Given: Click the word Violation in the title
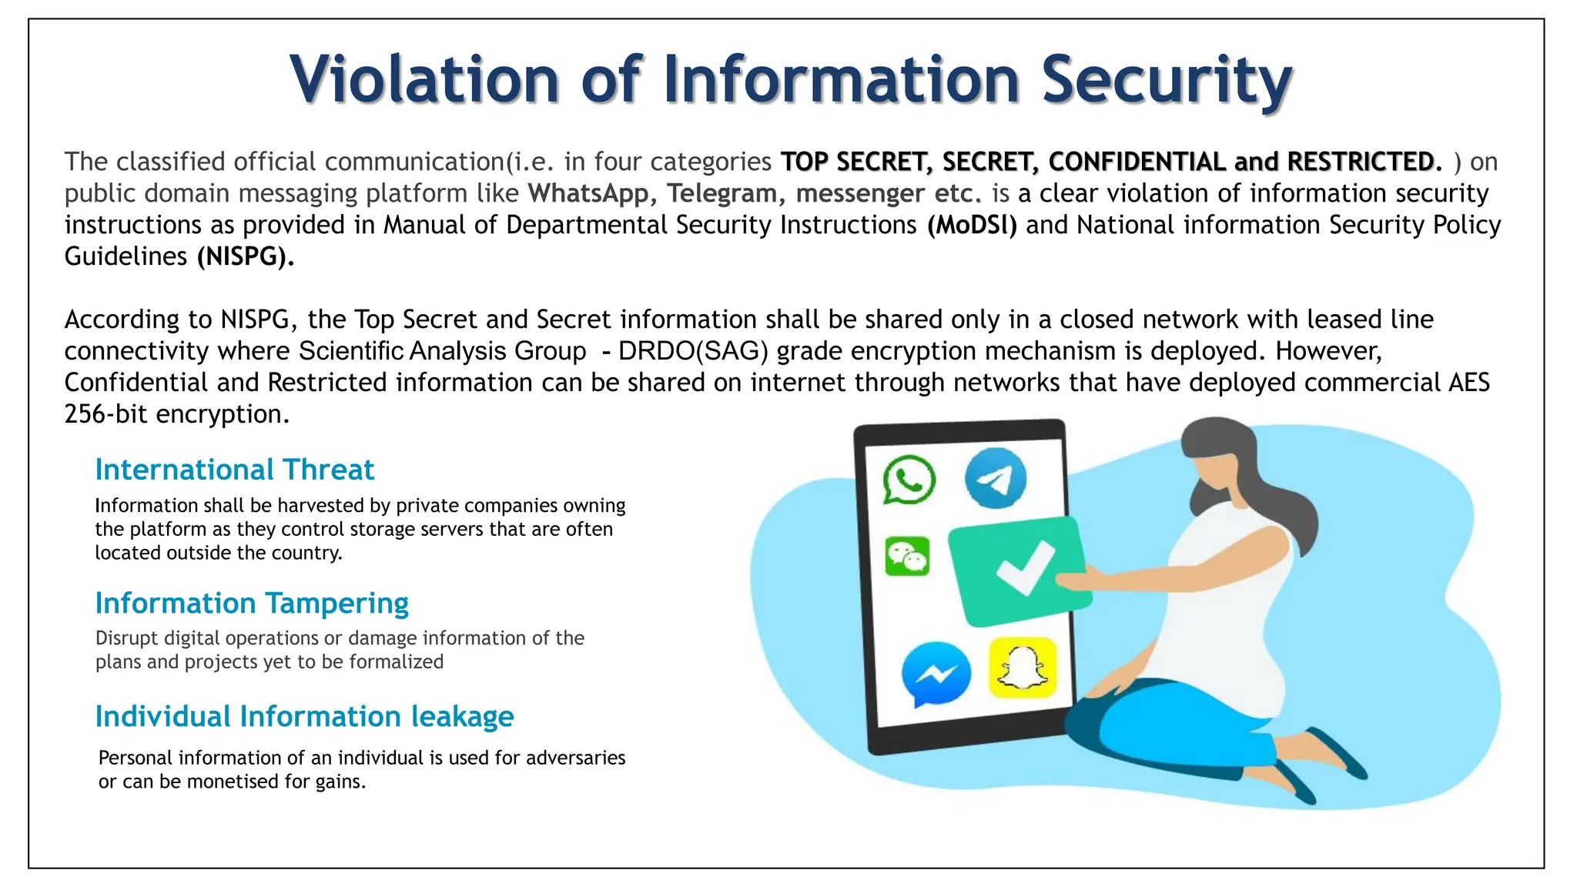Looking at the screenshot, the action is click(x=424, y=79).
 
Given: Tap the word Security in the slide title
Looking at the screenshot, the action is click(x=1167, y=81).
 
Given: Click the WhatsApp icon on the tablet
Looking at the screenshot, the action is click(x=909, y=480).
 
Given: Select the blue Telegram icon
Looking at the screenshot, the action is click(x=996, y=478).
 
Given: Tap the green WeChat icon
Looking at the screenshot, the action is click(x=908, y=557).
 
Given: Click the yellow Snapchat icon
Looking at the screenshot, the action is click(x=1023, y=668).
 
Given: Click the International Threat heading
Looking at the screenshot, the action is click(x=234, y=470).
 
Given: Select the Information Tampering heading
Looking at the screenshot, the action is click(x=252, y=604).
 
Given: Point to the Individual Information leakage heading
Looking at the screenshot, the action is click(x=304, y=717).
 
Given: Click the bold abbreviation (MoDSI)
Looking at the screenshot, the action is click(x=972, y=225).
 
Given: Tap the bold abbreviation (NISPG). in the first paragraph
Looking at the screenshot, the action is click(x=246, y=256).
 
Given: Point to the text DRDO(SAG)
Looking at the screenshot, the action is click(x=693, y=351).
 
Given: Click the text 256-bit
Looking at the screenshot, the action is click(x=105, y=414).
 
